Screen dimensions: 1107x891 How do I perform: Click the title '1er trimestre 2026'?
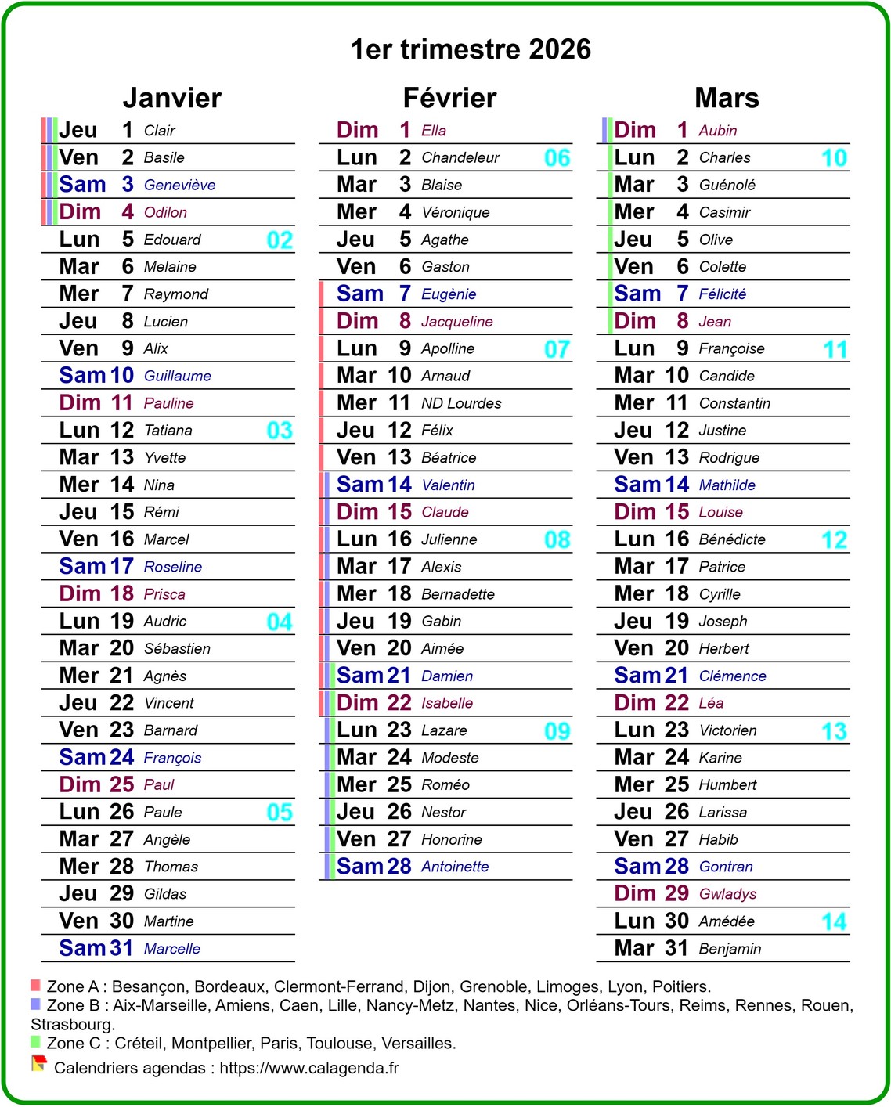pos(471,49)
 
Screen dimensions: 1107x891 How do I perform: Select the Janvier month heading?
pos(172,98)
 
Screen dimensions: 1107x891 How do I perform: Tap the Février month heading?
pos(449,98)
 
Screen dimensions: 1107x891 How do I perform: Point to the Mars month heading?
pos(727,98)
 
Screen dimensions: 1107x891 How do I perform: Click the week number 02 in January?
pos(280,240)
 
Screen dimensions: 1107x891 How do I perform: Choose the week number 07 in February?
pos(557,349)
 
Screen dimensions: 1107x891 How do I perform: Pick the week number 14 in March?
pos(834,921)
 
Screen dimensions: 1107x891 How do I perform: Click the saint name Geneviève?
pos(179,186)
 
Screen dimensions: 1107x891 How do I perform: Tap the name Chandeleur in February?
pos(460,158)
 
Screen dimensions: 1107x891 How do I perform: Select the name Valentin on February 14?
pos(448,485)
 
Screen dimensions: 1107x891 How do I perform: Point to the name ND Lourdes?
pos(461,403)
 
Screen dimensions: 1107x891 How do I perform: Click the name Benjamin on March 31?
pos(730,949)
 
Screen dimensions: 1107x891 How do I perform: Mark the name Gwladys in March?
pos(727,894)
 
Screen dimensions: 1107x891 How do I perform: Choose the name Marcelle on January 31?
pos(172,949)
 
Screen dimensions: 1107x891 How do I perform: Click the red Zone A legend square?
pos(35,985)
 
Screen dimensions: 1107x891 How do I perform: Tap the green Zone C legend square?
pos(35,1041)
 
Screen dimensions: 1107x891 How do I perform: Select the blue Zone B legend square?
pos(35,1004)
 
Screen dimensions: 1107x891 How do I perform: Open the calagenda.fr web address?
pos(309,1068)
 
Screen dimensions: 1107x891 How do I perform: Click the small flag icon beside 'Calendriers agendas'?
pos(38,1063)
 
